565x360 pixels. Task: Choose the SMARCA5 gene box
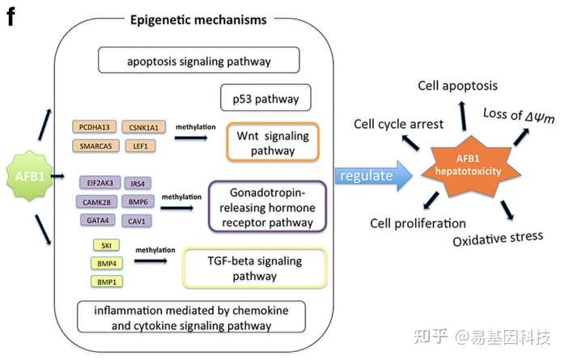(x=95, y=146)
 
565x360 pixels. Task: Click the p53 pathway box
(x=260, y=100)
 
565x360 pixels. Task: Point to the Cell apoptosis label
(x=457, y=86)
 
